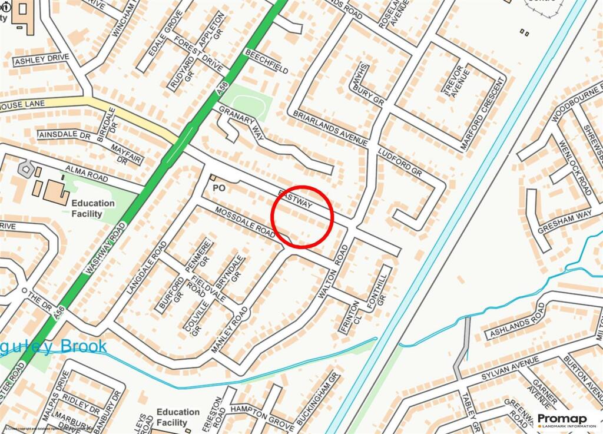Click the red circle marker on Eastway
(303, 216)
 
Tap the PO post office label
(219, 188)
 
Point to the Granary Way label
(241, 122)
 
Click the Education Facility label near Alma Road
(93, 208)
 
